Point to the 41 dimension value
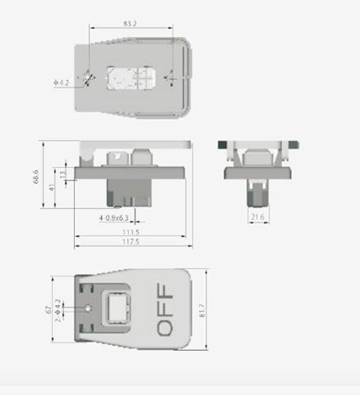[53, 188]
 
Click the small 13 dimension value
[64, 174]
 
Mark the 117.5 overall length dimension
[131, 243]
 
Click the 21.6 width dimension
[257, 217]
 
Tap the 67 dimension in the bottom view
[48, 309]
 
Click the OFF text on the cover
[164, 309]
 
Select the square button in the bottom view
[114, 309]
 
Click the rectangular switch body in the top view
[130, 78]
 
